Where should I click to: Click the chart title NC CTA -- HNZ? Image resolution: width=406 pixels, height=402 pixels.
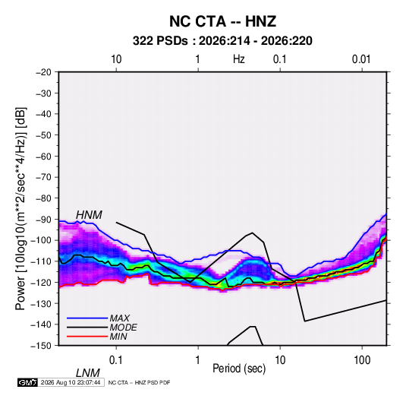222,21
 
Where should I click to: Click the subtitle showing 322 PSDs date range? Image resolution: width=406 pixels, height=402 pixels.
222,41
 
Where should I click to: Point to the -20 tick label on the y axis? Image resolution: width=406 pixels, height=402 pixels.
43,72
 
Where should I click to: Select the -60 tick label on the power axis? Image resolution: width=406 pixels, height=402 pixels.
43,156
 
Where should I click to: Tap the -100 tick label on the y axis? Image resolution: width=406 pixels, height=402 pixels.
42,240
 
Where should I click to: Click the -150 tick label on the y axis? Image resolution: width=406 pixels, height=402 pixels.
42,346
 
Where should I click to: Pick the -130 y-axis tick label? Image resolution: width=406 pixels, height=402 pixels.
42,303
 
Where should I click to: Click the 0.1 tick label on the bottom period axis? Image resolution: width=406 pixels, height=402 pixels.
115,360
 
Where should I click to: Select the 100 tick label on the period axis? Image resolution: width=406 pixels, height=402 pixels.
362,360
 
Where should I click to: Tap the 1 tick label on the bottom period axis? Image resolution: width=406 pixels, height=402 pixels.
197,360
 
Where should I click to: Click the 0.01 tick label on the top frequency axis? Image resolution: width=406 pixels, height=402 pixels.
361,59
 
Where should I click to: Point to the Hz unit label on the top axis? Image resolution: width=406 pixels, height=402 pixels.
239,59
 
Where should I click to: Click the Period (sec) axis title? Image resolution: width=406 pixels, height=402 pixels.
239,369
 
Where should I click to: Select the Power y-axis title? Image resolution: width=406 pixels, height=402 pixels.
20,208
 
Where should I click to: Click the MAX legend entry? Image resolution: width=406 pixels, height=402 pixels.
119,318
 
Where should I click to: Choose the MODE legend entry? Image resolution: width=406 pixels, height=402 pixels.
123,328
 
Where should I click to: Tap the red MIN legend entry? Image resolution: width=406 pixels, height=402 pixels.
118,337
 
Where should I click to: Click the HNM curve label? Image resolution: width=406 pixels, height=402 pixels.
89,215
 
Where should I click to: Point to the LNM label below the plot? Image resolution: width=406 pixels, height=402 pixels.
88,373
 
